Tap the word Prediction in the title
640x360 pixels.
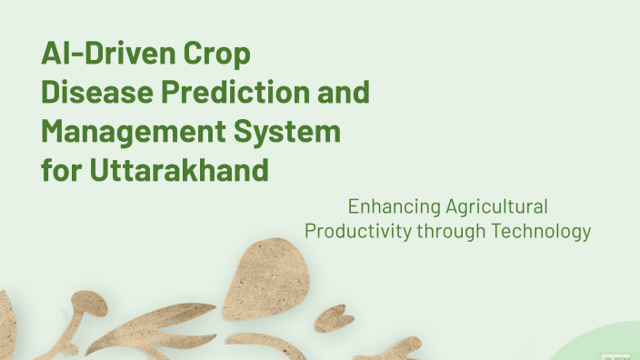(240, 93)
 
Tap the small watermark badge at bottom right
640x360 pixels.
(618, 356)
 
